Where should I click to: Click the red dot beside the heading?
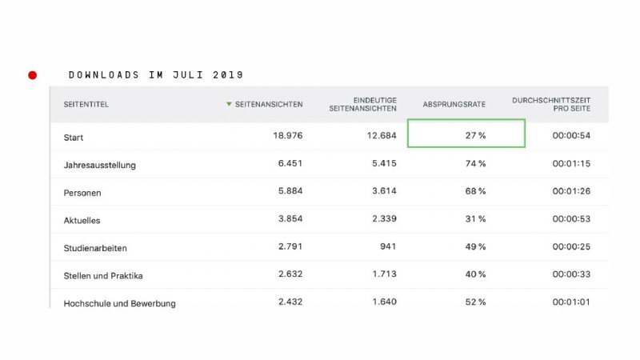coord(33,75)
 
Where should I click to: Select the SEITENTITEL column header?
coord(86,105)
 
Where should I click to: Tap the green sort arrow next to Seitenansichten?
coord(229,104)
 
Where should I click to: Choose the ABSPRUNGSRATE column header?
coord(454,105)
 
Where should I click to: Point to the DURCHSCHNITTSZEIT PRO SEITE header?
coord(551,104)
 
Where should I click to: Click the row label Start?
coord(74,138)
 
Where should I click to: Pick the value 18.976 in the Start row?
coord(286,136)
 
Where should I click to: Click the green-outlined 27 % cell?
coord(466,134)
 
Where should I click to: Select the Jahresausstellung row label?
coord(100,166)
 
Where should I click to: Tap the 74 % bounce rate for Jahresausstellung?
coord(475,164)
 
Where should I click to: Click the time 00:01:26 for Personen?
coord(571,192)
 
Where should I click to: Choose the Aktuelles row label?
coord(82,221)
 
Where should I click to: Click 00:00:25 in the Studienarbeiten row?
coord(571,247)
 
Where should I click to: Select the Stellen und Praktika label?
coord(102,276)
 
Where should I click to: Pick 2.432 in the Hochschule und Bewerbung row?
coord(286,302)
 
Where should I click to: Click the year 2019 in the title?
coord(228,75)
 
